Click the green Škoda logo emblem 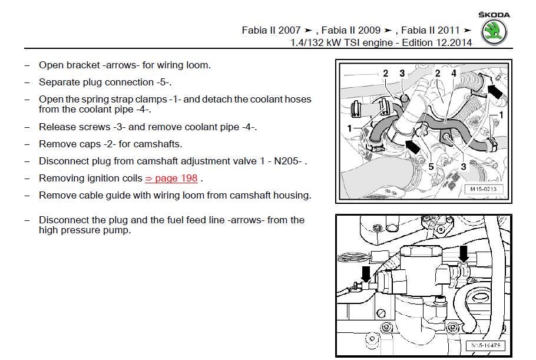tap(494, 33)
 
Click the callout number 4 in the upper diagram tap(454, 74)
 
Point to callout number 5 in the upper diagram tap(431, 167)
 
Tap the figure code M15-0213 tap(484, 189)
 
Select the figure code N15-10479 tap(485, 345)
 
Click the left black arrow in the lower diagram tap(366, 273)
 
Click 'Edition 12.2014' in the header tap(438, 42)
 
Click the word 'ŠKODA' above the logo tap(494, 15)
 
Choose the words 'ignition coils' tap(114, 178)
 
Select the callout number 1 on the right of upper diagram tap(501, 115)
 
